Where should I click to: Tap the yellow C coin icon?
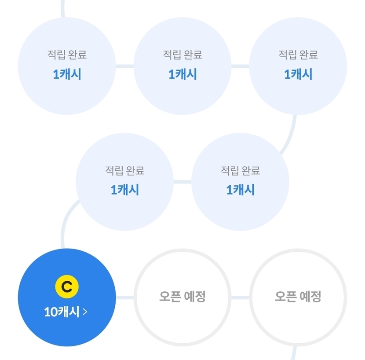(67, 287)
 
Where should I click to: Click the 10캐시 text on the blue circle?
(62, 312)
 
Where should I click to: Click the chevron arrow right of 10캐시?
(85, 312)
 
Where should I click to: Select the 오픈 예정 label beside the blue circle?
(182, 296)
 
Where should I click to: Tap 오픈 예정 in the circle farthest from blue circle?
(298, 296)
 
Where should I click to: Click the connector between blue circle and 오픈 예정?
(125, 298)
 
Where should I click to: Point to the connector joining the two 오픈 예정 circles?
(240, 298)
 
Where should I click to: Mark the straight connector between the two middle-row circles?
(182, 182)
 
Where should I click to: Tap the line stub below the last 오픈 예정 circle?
(294, 353)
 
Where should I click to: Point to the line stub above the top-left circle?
(63, 9)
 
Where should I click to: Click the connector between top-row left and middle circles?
(125, 66)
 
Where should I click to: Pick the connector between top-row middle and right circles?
(240, 66)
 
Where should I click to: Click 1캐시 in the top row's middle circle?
(182, 74)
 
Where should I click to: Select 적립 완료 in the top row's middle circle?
(182, 55)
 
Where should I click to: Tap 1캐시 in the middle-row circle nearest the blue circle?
(125, 190)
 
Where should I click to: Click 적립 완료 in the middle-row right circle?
(240, 170)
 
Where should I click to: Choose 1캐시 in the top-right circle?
(298, 74)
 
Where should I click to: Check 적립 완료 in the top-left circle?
(67, 55)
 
